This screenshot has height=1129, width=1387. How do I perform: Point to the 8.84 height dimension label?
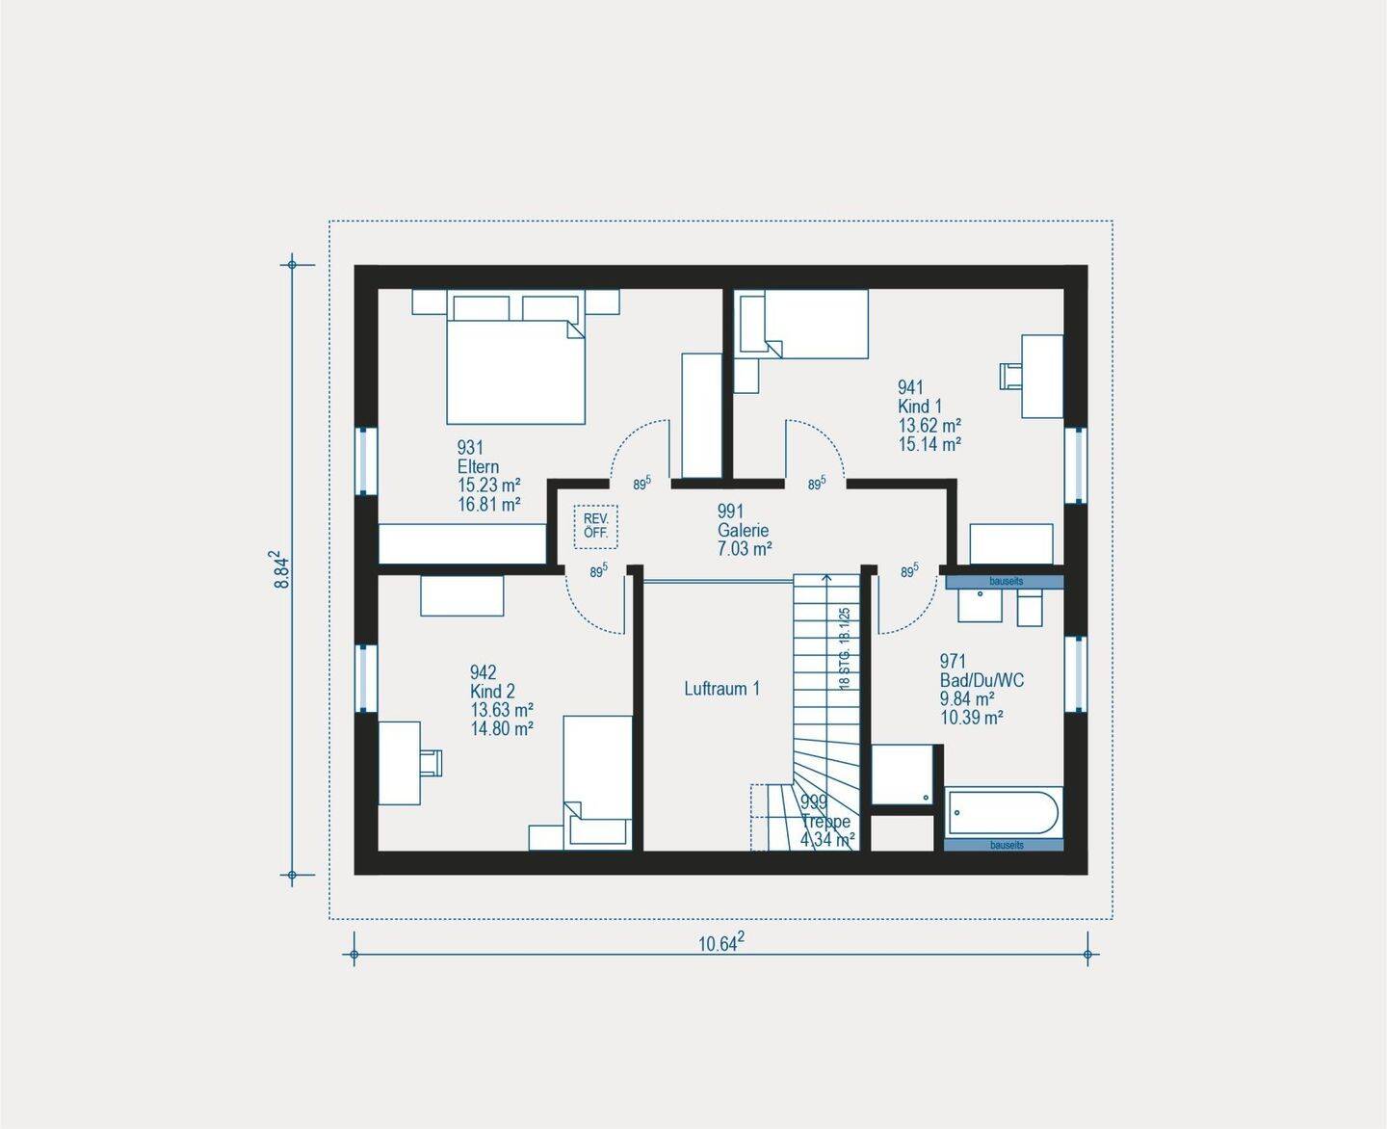(x=280, y=569)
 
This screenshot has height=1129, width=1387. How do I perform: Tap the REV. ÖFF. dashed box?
(x=596, y=526)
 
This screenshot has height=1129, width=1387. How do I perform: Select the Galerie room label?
(x=744, y=531)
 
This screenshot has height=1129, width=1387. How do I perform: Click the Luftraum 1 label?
(x=721, y=689)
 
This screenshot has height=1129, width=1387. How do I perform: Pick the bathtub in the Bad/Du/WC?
(x=1004, y=813)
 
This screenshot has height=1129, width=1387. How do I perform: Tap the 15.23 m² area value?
(x=489, y=486)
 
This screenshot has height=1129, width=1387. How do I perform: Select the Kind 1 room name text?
(x=920, y=407)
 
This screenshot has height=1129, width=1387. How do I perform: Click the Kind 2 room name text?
(x=492, y=692)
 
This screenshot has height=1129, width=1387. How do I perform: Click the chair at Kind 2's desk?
(x=431, y=762)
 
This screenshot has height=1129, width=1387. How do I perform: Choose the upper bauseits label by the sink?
(x=1006, y=582)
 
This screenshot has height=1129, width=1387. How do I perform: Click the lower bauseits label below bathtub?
(x=1006, y=845)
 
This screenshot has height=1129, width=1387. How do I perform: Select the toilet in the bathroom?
(x=1030, y=608)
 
